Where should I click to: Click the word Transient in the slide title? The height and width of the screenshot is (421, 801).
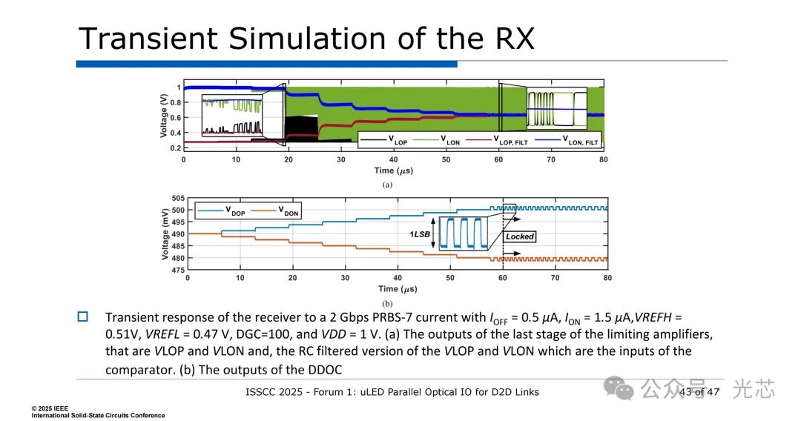[148, 39]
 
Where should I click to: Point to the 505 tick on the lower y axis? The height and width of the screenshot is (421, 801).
[178, 198]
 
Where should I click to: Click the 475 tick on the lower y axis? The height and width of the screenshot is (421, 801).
[178, 270]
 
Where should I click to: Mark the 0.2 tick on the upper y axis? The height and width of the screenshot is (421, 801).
[176, 148]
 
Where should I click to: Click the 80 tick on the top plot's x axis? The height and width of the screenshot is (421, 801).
[604, 159]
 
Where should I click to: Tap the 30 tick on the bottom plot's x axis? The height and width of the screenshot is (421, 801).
[346, 278]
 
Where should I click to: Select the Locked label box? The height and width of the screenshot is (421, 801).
[519, 236]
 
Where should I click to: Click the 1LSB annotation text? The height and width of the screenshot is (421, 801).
[419, 234]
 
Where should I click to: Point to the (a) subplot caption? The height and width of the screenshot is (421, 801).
[387, 185]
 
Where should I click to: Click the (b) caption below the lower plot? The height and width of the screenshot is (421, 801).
[387, 304]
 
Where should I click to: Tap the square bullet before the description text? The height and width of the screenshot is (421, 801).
[83, 316]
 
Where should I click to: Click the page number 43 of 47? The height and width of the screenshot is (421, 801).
[699, 392]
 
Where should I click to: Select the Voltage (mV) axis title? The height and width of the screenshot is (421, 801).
[165, 234]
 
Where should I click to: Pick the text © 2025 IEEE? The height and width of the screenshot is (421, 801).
[50, 408]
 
